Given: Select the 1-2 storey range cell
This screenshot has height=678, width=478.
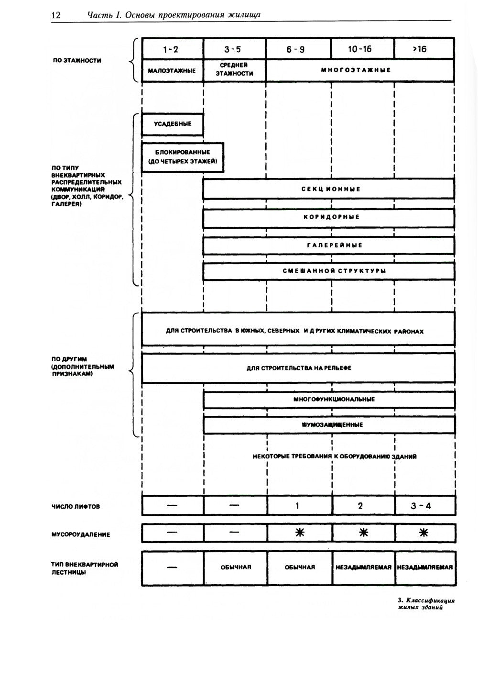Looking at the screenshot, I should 173,49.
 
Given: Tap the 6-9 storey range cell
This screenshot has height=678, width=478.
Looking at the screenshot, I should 298,49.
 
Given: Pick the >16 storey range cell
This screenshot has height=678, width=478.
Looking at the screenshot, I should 424,49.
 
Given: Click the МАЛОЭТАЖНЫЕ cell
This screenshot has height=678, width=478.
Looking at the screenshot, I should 173,70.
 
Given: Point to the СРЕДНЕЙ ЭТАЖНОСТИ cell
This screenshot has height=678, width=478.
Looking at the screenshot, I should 234,70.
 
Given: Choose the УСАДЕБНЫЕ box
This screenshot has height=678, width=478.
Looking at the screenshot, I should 173,124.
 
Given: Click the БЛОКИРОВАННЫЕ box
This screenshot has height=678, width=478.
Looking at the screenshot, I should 183,156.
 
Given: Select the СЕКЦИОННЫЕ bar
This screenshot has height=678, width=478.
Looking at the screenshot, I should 328,189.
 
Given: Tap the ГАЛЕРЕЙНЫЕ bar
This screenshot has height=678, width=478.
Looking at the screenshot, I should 328,245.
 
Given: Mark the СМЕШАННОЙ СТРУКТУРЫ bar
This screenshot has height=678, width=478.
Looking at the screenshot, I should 328,271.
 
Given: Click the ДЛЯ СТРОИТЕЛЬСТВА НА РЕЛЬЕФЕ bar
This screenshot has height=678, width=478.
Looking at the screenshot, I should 298,368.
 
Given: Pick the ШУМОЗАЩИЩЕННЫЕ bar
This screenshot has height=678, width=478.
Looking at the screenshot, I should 328,424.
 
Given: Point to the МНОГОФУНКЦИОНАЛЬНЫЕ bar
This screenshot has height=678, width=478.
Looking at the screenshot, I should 328,399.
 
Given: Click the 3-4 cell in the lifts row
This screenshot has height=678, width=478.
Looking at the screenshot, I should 424,506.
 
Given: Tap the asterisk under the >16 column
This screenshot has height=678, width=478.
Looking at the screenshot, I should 424,533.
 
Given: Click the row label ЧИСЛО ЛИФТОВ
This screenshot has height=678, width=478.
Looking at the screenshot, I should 76,507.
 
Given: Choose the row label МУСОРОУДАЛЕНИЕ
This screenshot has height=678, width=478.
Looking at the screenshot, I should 81,534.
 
